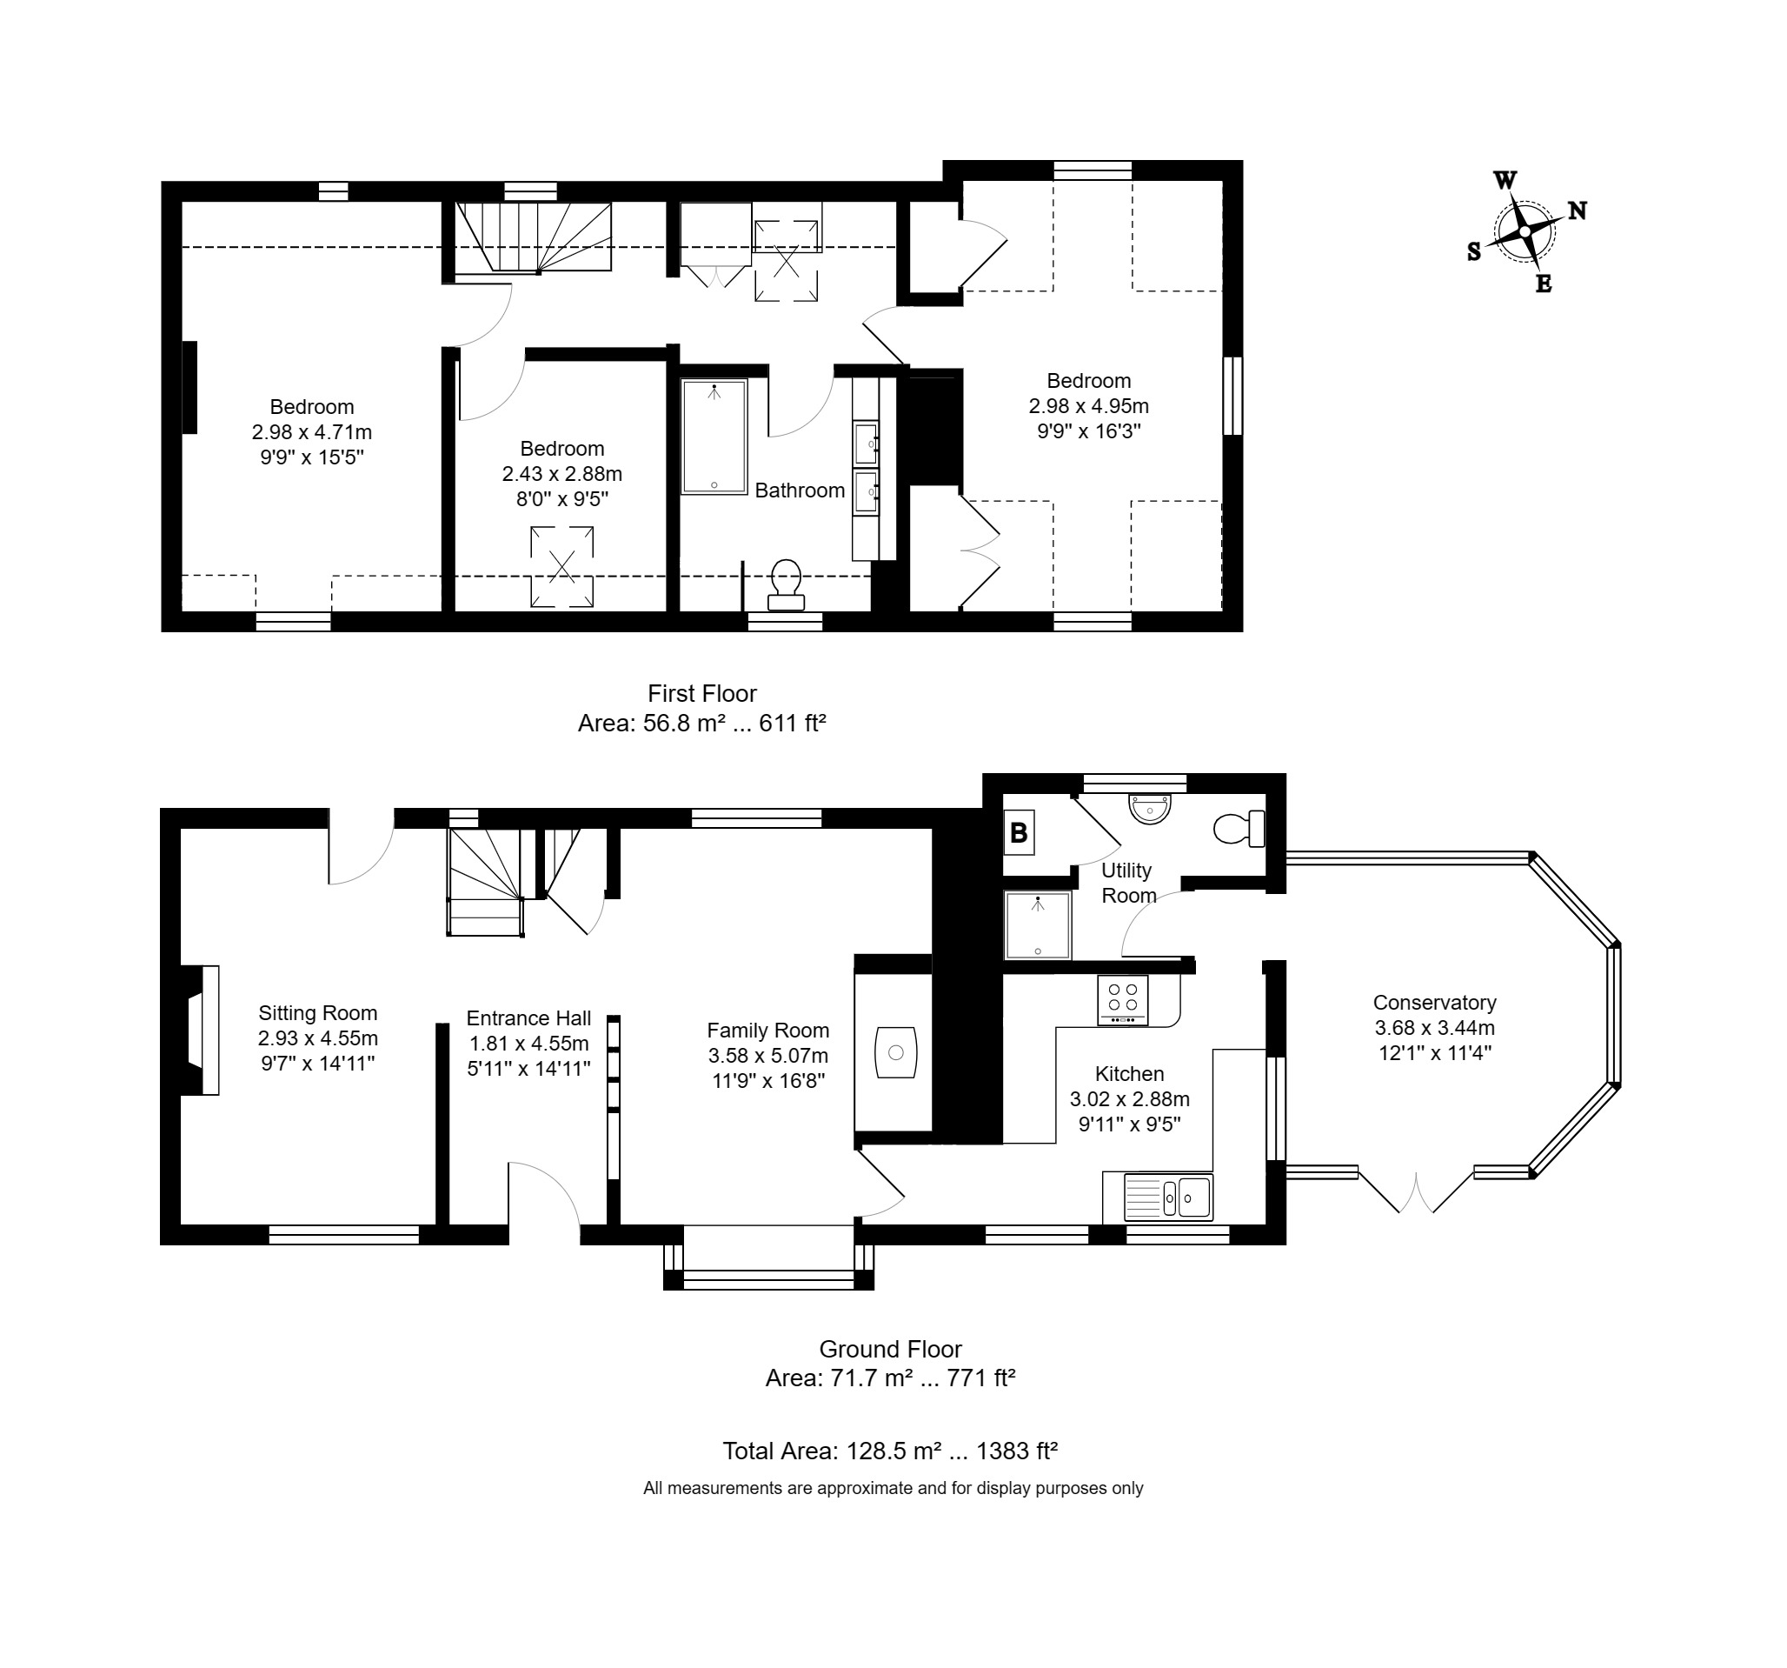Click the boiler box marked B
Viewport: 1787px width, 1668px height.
(x=1019, y=831)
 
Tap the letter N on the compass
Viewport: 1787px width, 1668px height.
(x=1577, y=210)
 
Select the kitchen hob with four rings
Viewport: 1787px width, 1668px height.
(x=1123, y=1000)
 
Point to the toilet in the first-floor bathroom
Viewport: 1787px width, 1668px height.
(x=787, y=584)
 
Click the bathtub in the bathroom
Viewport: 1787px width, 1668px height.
(x=714, y=437)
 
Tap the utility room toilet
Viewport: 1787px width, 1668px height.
(x=1239, y=829)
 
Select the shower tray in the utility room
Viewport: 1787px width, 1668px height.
(x=1039, y=925)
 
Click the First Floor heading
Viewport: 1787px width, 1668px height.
(x=702, y=693)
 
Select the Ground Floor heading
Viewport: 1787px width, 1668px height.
(x=891, y=1349)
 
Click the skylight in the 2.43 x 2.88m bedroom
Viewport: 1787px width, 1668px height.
(x=561, y=567)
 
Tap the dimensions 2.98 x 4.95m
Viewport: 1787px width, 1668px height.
(x=1088, y=405)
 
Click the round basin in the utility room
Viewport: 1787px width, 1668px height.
(x=1151, y=809)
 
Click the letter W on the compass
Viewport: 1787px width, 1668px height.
(x=1505, y=180)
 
